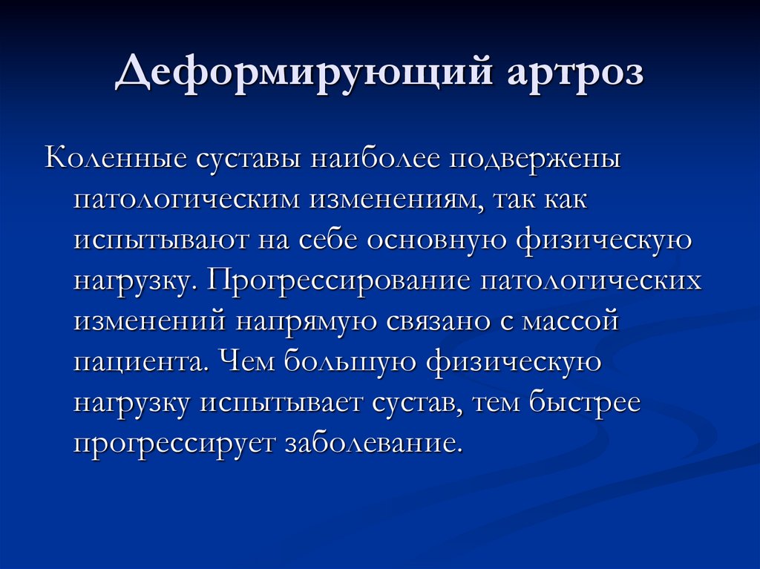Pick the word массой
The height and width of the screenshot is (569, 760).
[x=575, y=323]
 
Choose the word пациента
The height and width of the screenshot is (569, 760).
[x=136, y=364]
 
